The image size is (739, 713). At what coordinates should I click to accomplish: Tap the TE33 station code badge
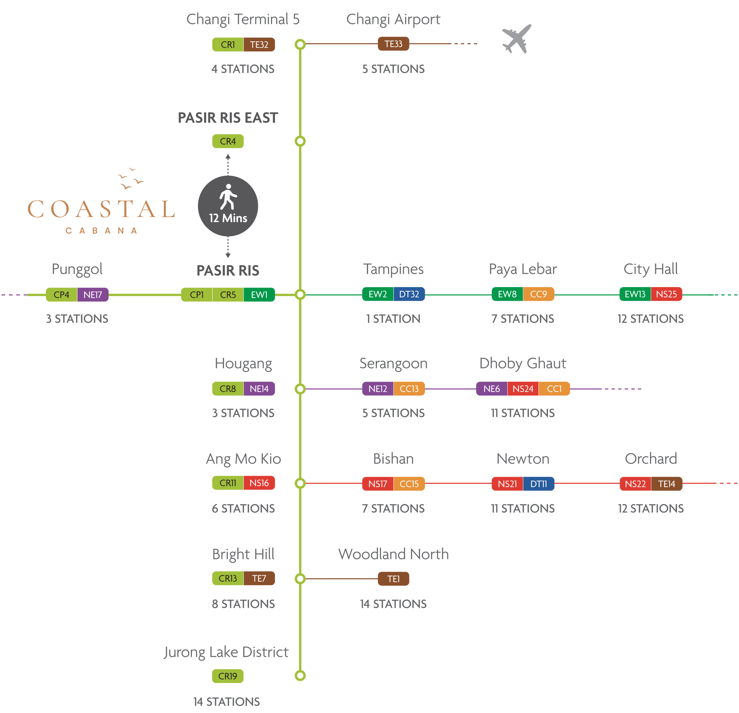tap(393, 44)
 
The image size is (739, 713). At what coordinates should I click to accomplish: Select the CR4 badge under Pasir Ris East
tap(228, 141)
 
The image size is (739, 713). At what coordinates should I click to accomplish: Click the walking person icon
tap(228, 196)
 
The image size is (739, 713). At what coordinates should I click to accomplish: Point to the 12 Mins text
tap(228, 218)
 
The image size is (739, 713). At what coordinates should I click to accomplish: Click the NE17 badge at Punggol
tap(93, 294)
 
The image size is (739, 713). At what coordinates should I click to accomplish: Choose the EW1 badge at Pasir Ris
tap(259, 294)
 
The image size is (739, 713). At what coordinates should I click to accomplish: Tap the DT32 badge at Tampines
tap(409, 294)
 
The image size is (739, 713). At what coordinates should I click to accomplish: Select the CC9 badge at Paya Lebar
tap(539, 294)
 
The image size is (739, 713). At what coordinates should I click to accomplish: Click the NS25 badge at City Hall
tap(666, 294)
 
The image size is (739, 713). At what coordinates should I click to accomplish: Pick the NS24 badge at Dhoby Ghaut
tap(523, 389)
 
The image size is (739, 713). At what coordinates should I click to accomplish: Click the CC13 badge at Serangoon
tap(409, 389)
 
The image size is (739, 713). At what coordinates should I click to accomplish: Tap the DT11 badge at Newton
tap(539, 484)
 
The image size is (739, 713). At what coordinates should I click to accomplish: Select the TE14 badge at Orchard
tap(666, 484)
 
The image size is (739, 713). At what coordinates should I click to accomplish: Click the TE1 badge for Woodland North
tap(393, 579)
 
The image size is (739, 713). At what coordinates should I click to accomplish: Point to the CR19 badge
tap(228, 676)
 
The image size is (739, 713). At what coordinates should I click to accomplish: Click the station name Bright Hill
tap(243, 554)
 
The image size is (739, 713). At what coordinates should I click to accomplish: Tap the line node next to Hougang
tap(300, 389)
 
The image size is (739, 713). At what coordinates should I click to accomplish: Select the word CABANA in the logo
tap(101, 231)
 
